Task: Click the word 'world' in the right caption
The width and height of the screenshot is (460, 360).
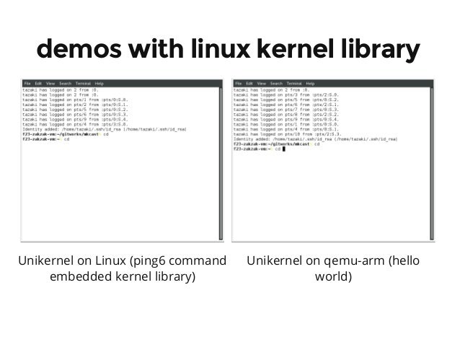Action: tap(334, 276)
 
